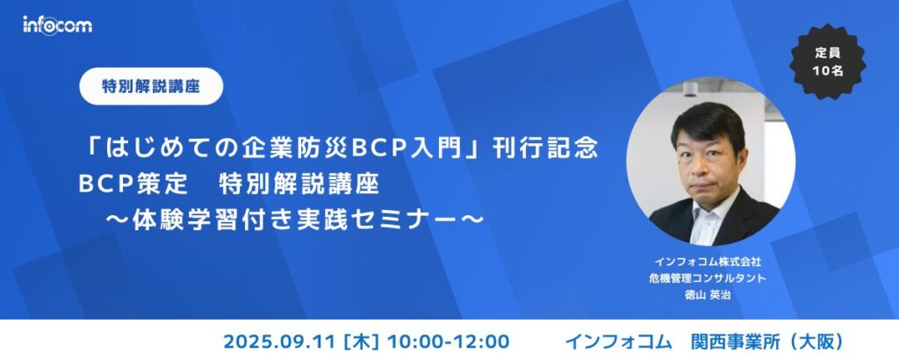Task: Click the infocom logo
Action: pyautogui.click(x=57, y=25)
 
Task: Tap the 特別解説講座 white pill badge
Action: pyautogui.click(x=150, y=86)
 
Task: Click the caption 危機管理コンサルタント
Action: pyautogui.click(x=710, y=278)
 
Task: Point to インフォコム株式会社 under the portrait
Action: pyautogui.click(x=710, y=262)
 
